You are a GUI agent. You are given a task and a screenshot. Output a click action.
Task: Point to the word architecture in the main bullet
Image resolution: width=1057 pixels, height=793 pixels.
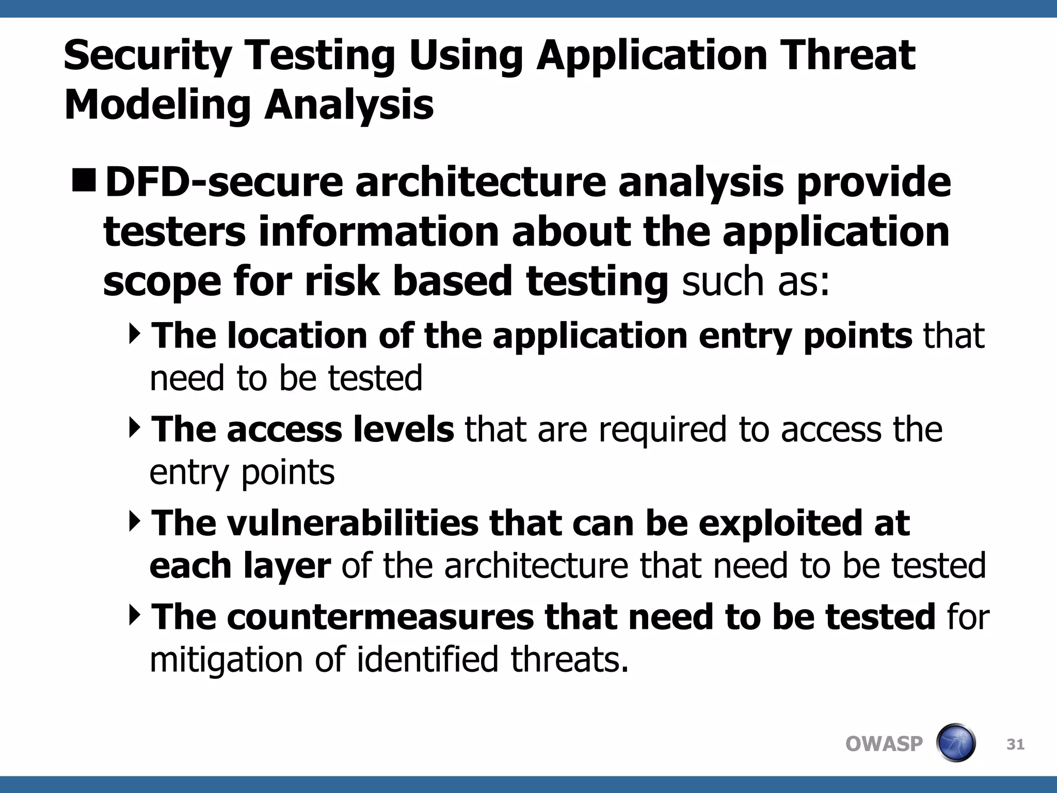tap(481, 182)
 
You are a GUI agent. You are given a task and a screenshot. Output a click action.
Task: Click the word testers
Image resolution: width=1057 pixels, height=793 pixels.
tap(174, 232)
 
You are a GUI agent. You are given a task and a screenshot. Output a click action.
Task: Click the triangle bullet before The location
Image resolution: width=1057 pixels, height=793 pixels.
tap(135, 334)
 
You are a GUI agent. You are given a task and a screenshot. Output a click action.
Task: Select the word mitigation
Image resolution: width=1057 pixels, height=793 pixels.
tap(226, 660)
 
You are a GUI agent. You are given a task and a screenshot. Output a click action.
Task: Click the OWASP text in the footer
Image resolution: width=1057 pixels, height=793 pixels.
tap(884, 744)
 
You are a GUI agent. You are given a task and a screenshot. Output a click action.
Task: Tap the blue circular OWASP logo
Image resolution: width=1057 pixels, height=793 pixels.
tap(955, 743)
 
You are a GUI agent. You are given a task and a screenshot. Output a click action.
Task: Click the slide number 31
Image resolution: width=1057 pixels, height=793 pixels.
tap(1015, 744)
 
